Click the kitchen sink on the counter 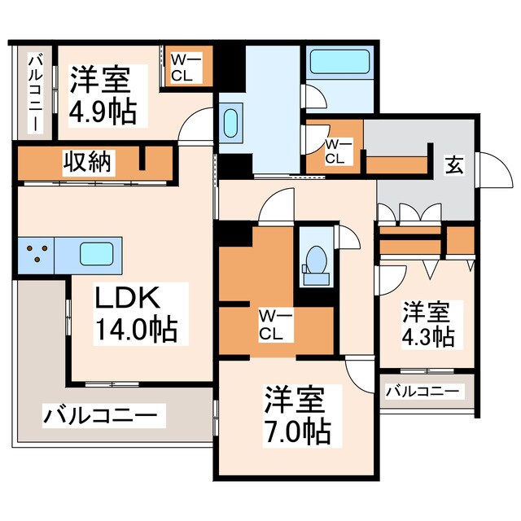[x=96, y=254]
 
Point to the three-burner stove [x=35, y=254]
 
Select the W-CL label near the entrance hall [x=334, y=151]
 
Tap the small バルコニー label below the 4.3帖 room [x=421, y=392]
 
